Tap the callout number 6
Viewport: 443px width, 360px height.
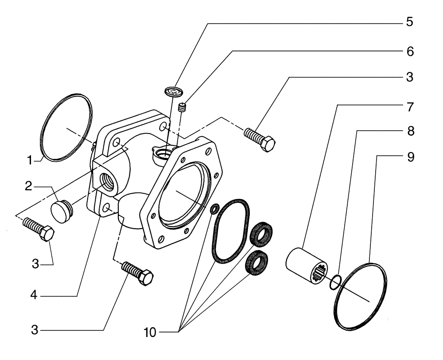pyautogui.click(x=409, y=51)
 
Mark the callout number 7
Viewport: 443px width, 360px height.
pyautogui.click(x=409, y=106)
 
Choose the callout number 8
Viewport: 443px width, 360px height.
pyautogui.click(x=409, y=131)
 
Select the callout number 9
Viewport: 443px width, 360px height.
pyautogui.click(x=409, y=157)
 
